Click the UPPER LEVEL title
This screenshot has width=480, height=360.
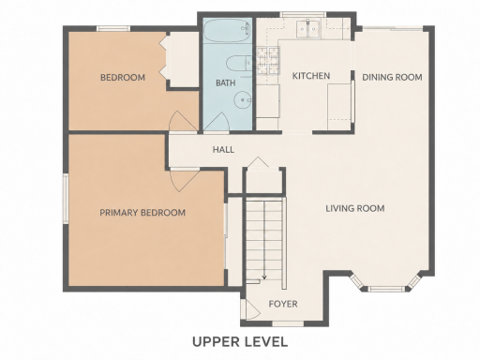240,341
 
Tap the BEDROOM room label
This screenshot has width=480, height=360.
123,77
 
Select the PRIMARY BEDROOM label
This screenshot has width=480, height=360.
142,213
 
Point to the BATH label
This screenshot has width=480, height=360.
226,82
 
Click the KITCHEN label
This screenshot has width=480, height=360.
311,76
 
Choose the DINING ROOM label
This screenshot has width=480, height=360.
392,77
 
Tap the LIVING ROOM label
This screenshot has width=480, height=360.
355,208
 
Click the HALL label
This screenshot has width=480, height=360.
223,149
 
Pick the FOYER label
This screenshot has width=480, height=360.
283,304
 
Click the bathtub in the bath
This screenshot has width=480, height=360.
227,30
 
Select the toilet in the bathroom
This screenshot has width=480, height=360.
239,64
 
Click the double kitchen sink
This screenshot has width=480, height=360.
308,29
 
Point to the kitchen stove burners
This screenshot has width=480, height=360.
268,61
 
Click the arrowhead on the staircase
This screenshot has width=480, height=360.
264,277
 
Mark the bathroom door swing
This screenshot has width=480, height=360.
217,122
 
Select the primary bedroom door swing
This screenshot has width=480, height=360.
184,180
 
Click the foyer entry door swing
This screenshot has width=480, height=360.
252,310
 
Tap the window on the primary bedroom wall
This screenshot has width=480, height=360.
66,199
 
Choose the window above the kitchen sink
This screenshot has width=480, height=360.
303,14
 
